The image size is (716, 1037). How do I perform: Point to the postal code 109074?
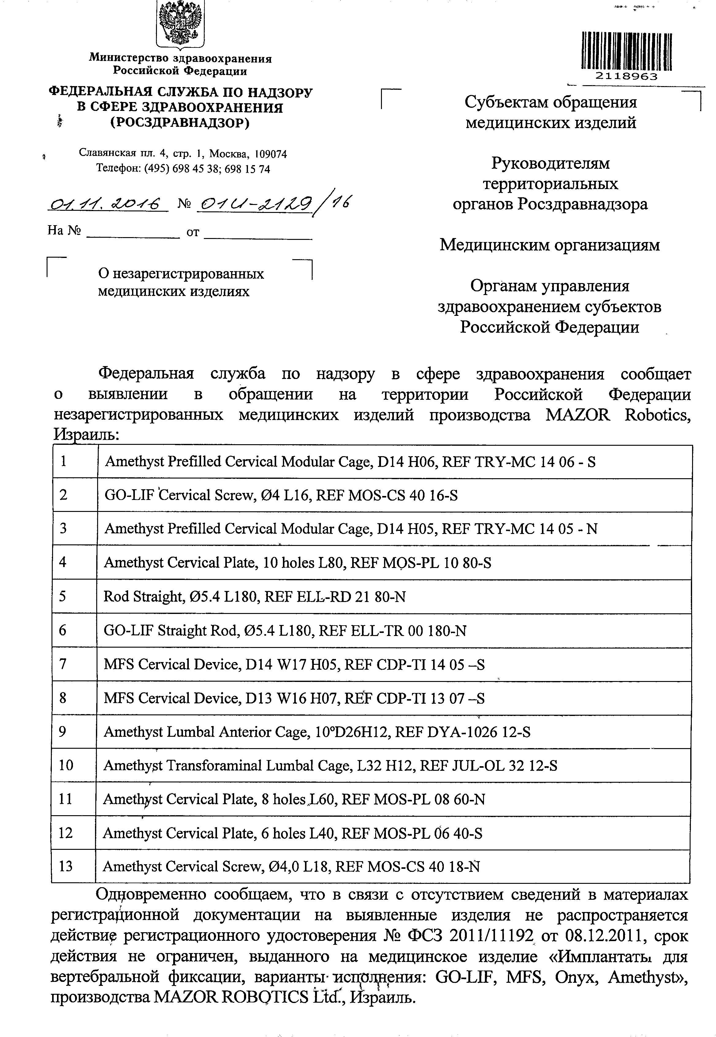click(x=271, y=154)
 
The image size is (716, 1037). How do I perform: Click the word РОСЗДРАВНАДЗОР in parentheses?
click(x=180, y=123)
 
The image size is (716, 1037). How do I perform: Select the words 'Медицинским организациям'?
click(x=550, y=245)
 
